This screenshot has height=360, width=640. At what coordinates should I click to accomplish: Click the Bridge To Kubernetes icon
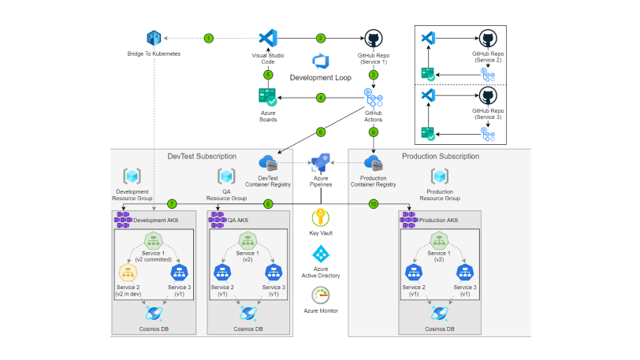[154, 38]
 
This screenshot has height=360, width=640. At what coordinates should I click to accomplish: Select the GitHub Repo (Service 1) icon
[373, 39]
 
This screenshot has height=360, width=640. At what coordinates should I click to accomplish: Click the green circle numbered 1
[209, 38]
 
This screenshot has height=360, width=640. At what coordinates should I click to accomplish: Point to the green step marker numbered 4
[321, 98]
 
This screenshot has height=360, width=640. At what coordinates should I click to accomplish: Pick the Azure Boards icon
[267, 98]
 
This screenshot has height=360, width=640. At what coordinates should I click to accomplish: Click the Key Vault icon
[320, 217]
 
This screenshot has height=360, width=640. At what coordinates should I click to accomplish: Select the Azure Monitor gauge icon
[320, 295]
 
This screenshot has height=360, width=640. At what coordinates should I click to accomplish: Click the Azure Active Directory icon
[320, 254]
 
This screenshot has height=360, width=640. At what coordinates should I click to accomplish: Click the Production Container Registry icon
[374, 162]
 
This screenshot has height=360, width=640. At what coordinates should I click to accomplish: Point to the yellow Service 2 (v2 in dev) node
[129, 272]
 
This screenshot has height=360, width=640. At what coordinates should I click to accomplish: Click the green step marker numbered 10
[374, 204]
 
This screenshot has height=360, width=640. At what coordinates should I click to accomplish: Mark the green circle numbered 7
[172, 204]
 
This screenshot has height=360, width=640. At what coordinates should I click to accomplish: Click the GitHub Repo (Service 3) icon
[489, 96]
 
